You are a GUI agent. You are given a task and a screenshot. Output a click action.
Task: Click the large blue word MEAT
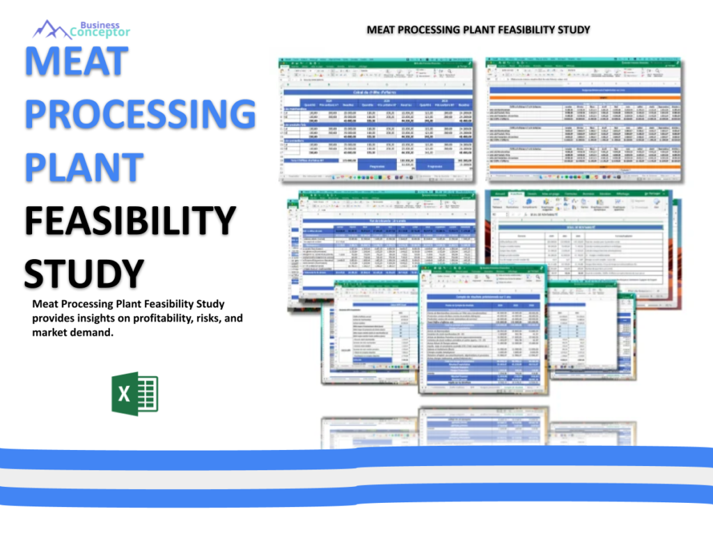coord(76,61)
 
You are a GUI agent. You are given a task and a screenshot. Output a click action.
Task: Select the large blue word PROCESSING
coord(140,114)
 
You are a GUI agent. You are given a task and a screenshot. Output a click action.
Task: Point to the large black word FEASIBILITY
coord(130,221)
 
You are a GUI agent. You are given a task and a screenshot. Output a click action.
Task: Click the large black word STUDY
coord(84,272)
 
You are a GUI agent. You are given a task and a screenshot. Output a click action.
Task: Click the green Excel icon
coord(134,394)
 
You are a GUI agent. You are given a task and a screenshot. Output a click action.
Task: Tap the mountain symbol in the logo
coord(51,29)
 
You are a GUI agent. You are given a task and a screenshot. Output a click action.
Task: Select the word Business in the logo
coord(99,25)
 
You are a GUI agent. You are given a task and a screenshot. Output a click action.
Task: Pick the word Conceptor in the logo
coord(100,33)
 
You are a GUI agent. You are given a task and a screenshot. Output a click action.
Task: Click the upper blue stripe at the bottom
coord(356,457)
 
